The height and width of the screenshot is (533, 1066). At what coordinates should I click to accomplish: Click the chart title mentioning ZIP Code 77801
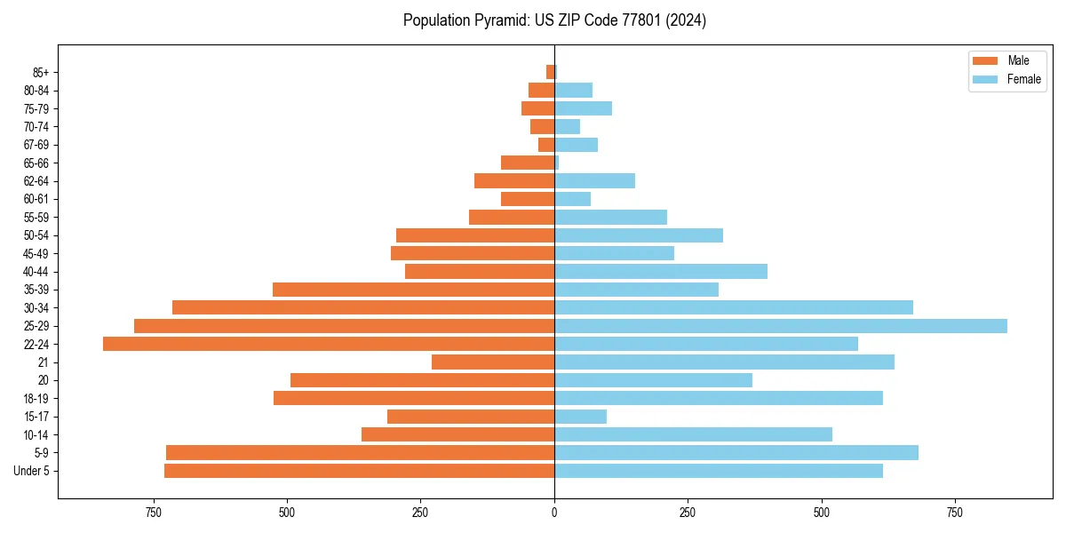tap(554, 20)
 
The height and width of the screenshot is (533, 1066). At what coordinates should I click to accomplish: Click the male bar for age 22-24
tap(329, 344)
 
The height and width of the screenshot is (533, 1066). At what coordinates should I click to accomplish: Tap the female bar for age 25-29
tap(781, 326)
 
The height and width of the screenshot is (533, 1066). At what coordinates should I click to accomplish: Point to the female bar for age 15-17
tap(581, 417)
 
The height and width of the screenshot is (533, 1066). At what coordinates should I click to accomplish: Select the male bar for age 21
tap(493, 362)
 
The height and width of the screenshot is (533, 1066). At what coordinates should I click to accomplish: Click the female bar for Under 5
tap(719, 471)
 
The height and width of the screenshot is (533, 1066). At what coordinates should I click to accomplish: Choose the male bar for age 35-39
tap(413, 290)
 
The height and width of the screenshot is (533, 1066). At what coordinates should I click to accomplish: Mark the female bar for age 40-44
tap(661, 271)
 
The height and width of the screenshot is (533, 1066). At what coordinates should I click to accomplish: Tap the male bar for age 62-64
tap(514, 180)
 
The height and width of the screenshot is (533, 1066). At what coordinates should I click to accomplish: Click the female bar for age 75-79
tap(584, 108)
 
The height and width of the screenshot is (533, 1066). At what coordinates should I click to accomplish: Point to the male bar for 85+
tap(550, 72)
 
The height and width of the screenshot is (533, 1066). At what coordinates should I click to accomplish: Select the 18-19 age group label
tap(36, 399)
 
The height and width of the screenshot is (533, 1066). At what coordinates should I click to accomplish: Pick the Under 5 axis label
tap(32, 471)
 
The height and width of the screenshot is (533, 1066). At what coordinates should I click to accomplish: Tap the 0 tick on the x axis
tap(554, 513)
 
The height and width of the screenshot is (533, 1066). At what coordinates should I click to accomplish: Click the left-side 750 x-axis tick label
tap(153, 513)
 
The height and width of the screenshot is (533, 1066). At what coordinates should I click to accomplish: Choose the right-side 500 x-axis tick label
tap(822, 513)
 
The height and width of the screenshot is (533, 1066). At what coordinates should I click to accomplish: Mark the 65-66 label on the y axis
tap(36, 163)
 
